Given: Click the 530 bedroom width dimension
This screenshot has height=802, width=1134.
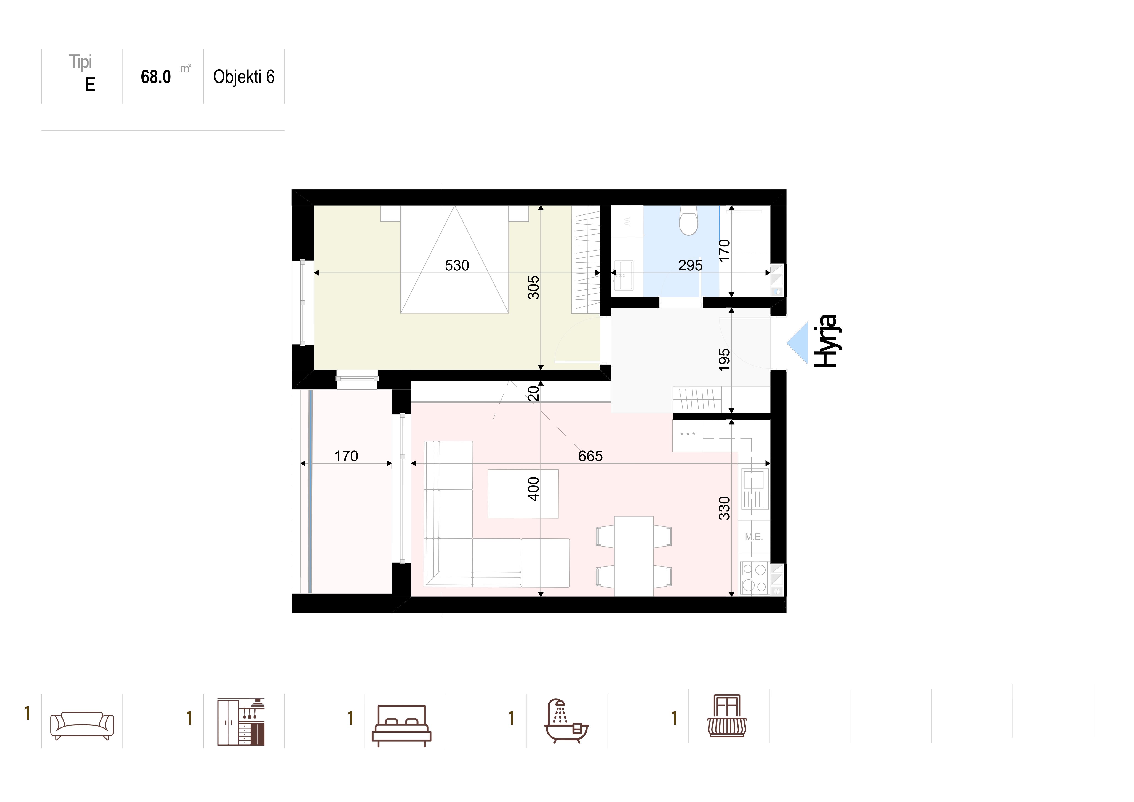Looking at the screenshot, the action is tap(457, 266).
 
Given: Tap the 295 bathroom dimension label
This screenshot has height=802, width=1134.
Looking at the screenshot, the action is tap(690, 266).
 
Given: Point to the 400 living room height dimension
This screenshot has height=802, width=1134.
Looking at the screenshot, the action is tap(534, 489).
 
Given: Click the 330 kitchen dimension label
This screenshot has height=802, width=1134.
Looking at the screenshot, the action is tap(724, 508).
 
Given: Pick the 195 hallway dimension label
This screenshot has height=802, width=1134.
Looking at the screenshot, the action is tap(724, 360).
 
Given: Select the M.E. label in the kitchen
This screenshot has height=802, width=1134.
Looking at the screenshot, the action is tap(754, 537).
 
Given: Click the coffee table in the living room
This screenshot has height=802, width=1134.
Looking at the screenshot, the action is tap(523, 493).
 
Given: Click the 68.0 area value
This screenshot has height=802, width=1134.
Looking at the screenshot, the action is tap(156, 77).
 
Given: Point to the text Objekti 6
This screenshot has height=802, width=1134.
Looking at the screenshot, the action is tap(243, 77).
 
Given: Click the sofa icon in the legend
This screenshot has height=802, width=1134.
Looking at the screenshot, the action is tap(82, 725).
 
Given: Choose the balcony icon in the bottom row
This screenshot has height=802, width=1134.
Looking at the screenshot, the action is tap(727, 716).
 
